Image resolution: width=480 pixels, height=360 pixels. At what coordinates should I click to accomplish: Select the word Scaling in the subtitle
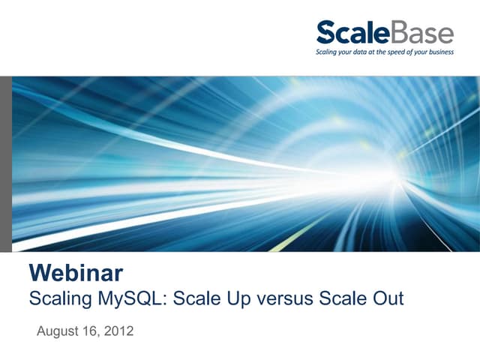60,298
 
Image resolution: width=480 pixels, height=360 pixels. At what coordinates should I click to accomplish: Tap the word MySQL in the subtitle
132,298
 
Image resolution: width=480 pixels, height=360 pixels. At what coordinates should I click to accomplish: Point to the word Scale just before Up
197,298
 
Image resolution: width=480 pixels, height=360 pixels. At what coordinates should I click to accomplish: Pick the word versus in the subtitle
285,298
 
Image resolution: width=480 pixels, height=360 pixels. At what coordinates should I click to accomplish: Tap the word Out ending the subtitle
387,298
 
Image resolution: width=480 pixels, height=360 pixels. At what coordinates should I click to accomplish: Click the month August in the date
58,331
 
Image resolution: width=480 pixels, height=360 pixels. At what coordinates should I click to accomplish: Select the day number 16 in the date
91,331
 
